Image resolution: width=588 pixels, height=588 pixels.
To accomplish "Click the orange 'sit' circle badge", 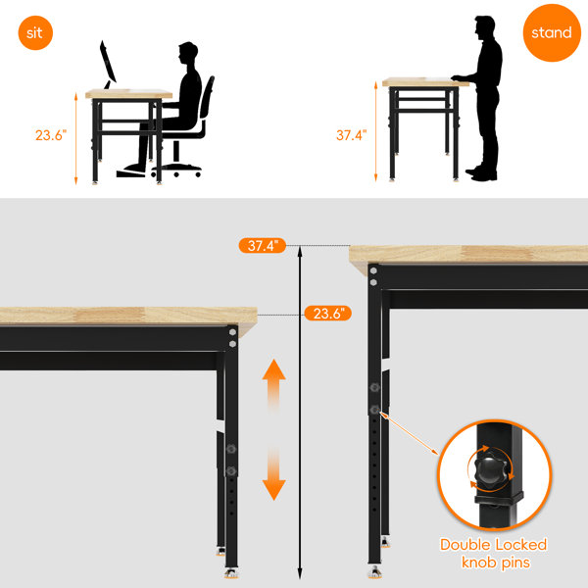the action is (35, 32).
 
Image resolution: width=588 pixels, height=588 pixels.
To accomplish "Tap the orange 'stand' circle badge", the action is (552, 32).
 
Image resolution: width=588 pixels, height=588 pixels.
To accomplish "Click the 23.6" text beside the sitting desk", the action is (51, 135).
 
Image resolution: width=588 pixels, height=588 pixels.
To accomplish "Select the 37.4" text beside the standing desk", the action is (351, 135).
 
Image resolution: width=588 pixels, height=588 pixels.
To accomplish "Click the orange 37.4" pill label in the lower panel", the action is (263, 246).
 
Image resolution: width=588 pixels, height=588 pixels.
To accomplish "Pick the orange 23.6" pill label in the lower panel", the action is (327, 314).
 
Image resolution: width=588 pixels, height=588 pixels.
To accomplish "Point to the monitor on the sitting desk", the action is (108, 64).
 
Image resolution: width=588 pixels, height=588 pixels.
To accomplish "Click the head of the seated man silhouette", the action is (188, 53).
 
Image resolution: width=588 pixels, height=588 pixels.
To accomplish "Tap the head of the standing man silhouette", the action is (485, 27).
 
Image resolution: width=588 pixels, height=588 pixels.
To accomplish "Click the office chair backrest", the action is (208, 99).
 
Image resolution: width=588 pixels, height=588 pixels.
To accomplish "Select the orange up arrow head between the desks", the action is (274, 369).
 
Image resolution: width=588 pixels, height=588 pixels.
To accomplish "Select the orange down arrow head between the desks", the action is (274, 490).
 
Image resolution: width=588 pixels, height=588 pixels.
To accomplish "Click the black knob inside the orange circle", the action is (490, 469).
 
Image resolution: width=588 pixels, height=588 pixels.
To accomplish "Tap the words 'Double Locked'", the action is (494, 545).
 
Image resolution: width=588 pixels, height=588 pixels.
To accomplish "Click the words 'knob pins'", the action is (496, 563).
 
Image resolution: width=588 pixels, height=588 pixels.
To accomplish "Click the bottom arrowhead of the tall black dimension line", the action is (300, 574).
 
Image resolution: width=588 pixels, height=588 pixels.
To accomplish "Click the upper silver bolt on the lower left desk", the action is (232, 332).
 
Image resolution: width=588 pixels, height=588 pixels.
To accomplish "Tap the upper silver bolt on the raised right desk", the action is (373, 270).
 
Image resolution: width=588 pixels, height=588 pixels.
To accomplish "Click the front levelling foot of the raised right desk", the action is (374, 571).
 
